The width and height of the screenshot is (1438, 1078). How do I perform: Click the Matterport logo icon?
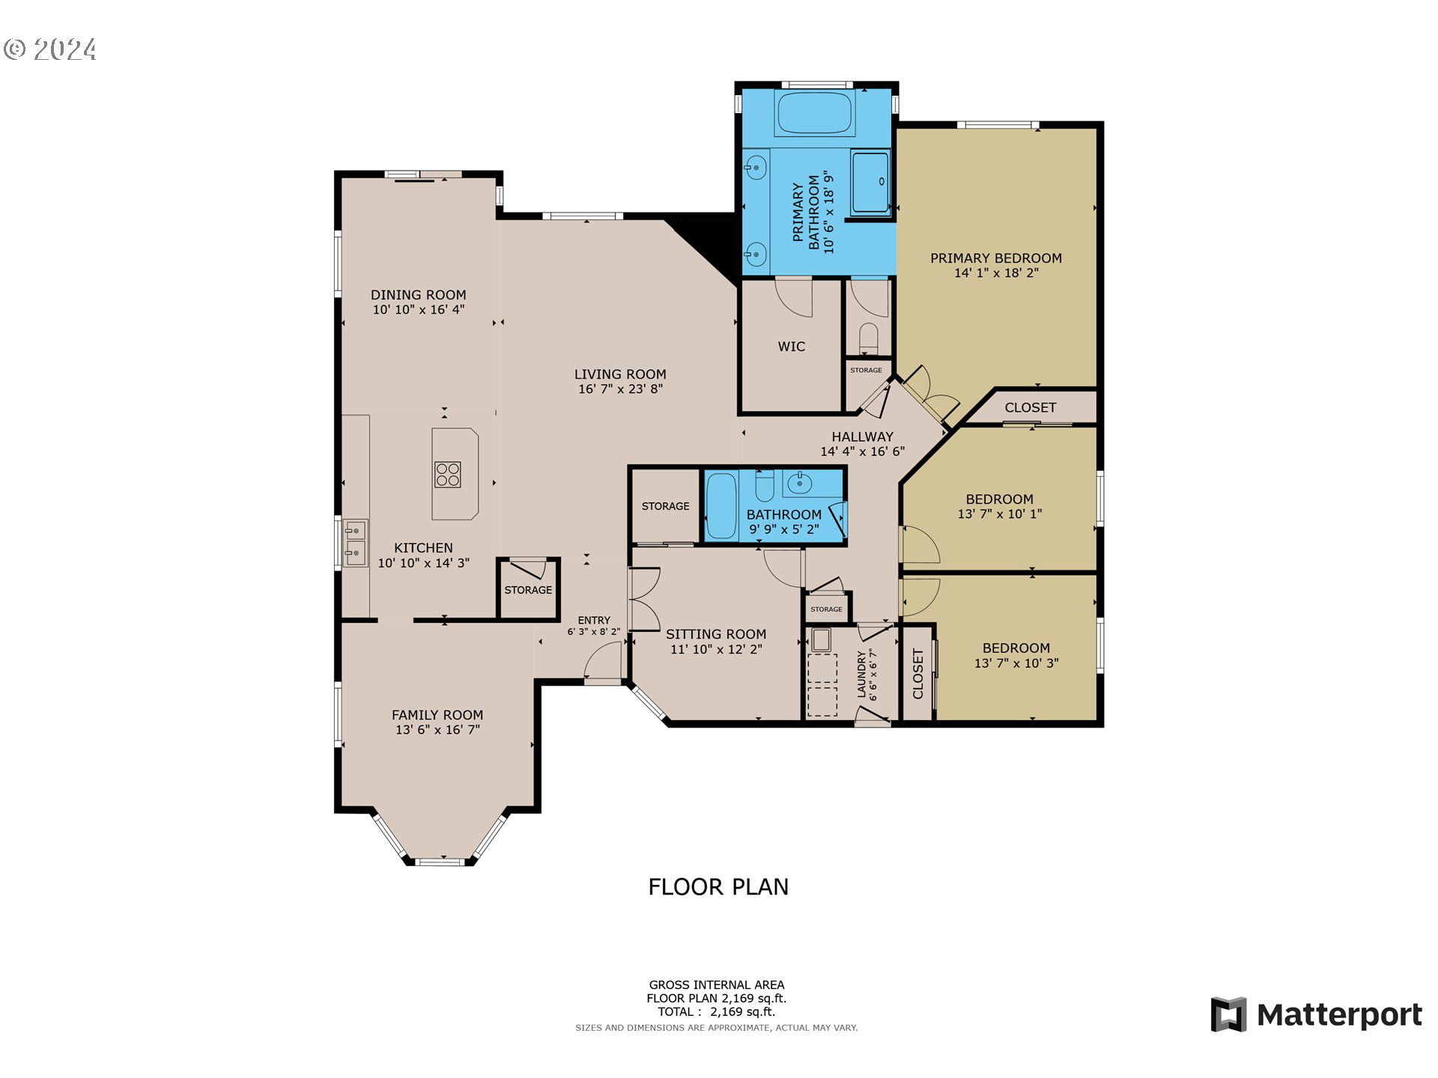click(1228, 1014)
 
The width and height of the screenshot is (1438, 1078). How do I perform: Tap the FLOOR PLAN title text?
click(718, 887)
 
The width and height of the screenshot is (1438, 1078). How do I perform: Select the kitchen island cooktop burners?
click(447, 475)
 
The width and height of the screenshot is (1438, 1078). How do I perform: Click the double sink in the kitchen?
click(355, 543)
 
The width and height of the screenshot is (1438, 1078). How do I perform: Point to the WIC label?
click(792, 347)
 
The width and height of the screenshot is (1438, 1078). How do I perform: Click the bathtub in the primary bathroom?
click(815, 114)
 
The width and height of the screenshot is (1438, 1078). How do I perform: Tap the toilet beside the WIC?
click(869, 338)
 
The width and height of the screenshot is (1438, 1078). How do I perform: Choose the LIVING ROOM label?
click(620, 374)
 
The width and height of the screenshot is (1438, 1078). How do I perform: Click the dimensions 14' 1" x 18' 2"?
click(996, 273)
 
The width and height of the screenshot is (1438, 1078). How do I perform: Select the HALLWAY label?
click(862, 436)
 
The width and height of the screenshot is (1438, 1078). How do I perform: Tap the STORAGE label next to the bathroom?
click(665, 507)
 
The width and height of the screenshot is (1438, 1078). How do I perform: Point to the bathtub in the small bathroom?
click(722, 505)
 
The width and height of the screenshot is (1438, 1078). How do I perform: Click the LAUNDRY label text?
click(861, 674)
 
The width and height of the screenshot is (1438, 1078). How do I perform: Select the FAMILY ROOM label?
click(437, 715)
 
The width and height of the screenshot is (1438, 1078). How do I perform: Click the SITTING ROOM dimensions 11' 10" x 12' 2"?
click(716, 649)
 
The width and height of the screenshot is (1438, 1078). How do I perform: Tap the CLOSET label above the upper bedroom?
click(1031, 407)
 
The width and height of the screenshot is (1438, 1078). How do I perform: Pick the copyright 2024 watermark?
click(50, 49)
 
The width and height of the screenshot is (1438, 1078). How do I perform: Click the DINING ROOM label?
click(419, 295)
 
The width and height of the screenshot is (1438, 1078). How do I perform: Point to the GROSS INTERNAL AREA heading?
click(717, 985)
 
